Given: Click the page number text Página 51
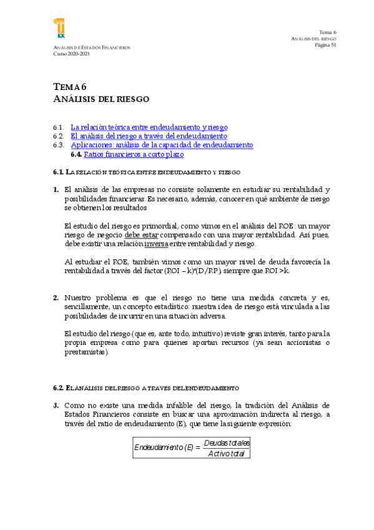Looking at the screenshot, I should [325, 45].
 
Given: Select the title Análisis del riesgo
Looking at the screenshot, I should [101, 99].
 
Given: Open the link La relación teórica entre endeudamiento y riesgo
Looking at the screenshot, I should [149, 127].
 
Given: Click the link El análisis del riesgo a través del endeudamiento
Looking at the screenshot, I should [149, 136].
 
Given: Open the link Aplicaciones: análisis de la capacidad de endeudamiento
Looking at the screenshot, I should [162, 145].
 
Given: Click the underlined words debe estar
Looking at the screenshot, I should [141, 235].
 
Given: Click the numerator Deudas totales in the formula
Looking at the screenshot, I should [227, 443].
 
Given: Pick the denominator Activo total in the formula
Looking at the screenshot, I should [226, 453].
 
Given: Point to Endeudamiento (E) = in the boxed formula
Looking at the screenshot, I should [167, 447].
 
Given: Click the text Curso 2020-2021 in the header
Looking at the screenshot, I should [72, 54].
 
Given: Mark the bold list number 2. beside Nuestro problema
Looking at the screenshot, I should [56, 298].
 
